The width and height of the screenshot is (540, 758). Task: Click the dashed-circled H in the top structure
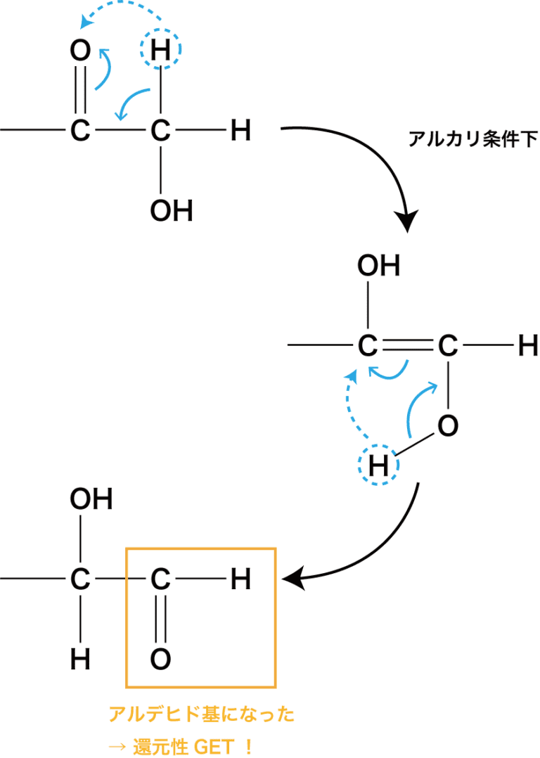(161, 50)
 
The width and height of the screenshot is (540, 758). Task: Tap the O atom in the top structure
(81, 50)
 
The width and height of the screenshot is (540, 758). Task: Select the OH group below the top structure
(171, 211)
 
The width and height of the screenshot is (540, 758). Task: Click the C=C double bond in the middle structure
(407, 345)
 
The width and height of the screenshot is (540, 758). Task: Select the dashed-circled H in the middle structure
(378, 465)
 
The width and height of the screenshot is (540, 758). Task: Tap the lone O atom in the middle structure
(448, 425)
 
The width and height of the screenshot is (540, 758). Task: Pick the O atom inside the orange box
(161, 659)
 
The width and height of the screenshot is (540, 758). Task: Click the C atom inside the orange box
(161, 579)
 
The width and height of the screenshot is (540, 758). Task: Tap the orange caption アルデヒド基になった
(201, 715)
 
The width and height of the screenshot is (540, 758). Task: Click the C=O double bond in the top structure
(81, 90)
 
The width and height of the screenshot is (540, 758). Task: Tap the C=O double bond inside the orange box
(161, 619)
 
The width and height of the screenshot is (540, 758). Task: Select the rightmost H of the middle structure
(528, 345)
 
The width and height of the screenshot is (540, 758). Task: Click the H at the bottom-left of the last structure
(81, 659)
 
